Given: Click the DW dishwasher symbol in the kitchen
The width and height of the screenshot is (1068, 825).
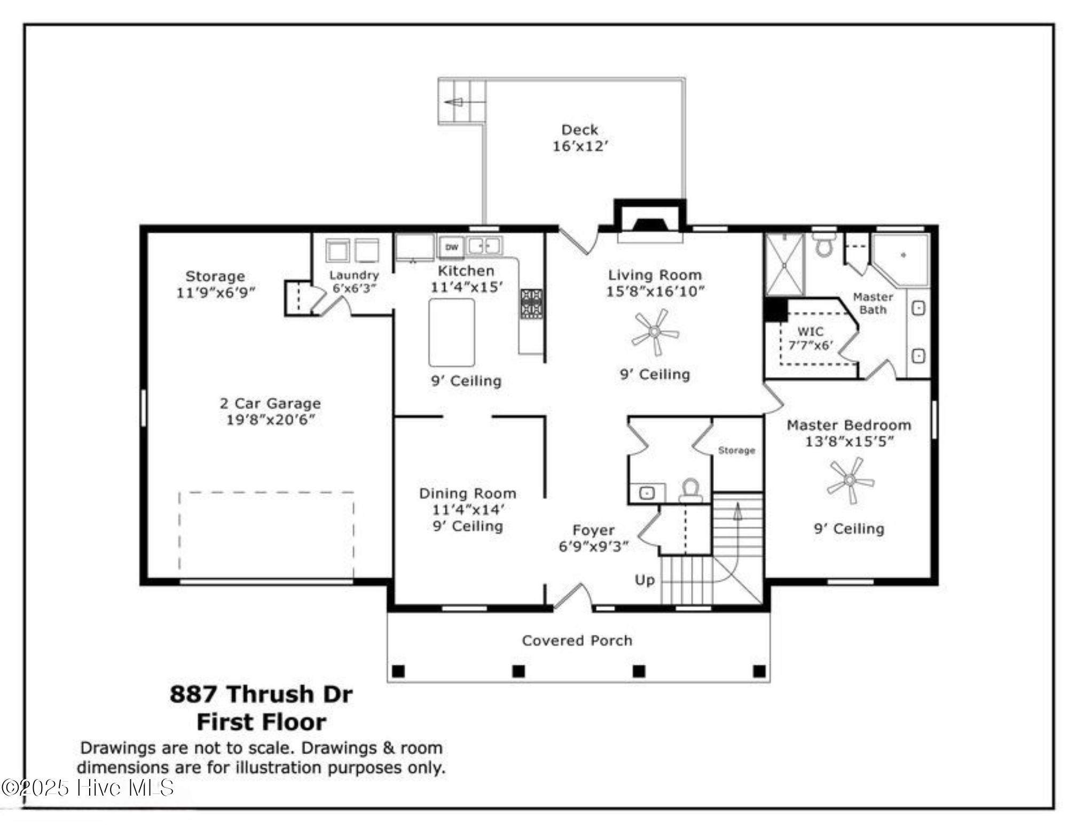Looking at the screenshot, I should [452, 247].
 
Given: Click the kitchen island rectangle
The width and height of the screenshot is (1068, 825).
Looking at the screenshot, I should [452, 332].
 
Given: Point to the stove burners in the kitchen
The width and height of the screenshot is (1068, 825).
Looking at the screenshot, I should [531, 303].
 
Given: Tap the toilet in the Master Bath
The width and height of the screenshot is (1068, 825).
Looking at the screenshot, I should [824, 245].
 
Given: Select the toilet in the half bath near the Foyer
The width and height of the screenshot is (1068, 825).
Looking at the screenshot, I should [691, 490].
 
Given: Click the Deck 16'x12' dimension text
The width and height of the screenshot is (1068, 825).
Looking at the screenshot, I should [580, 146].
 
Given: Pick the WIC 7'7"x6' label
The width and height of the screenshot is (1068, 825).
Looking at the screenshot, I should [811, 339].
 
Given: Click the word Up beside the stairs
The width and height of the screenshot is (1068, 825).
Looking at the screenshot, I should [645, 580].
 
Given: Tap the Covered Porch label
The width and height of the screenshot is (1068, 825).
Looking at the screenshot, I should [577, 640].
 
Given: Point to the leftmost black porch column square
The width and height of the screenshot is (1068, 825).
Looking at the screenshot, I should [398, 671].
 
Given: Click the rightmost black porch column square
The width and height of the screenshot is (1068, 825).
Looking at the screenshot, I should [759, 671].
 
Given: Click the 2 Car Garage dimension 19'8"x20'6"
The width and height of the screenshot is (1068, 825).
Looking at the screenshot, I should [270, 420].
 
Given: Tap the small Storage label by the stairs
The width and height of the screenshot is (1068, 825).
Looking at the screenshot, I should [736, 450].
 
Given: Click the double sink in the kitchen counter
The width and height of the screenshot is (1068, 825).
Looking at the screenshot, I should [484, 246].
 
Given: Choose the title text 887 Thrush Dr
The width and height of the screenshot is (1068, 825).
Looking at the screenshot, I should [261, 694].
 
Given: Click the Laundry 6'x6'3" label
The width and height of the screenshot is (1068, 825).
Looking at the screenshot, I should [354, 281].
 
